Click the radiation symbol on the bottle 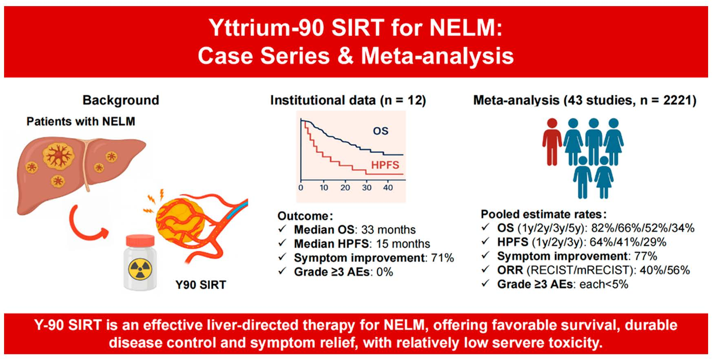click(x=140, y=269)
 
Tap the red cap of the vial click(x=140, y=241)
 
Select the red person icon click(x=552, y=141)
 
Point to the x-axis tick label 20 click(x=345, y=188)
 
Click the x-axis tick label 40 click(x=388, y=188)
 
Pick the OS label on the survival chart click(x=380, y=131)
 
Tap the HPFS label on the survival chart click(x=385, y=165)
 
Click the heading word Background click(x=121, y=100)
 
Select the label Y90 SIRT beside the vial click(x=201, y=285)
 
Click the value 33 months click(x=388, y=230)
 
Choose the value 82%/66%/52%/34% click(x=643, y=228)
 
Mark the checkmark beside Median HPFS click(x=282, y=243)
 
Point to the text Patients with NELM click(x=81, y=121)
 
